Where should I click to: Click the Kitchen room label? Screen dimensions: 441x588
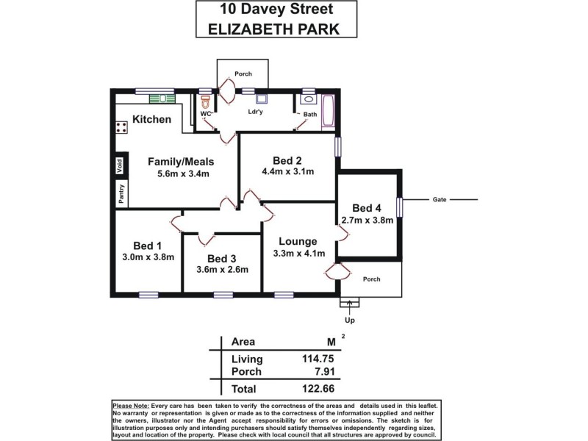click(152, 119)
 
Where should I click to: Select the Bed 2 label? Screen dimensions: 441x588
click(287, 160)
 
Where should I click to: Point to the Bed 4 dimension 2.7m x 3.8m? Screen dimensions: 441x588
click(367, 220)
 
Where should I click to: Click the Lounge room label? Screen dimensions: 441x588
click(298, 241)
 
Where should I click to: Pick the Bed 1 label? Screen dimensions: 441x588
click(147, 245)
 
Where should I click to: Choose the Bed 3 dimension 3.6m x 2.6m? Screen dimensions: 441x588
click(223, 269)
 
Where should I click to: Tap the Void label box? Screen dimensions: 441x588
click(119, 165)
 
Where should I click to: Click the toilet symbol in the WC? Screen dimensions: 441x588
click(207, 101)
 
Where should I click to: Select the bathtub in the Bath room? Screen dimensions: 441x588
click(327, 111)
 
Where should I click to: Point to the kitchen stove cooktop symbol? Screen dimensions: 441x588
click(121, 127)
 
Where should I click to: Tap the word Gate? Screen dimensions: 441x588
click(440, 199)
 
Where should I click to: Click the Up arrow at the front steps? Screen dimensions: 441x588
click(349, 301)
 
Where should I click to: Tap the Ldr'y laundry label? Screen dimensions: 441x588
click(256, 112)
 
